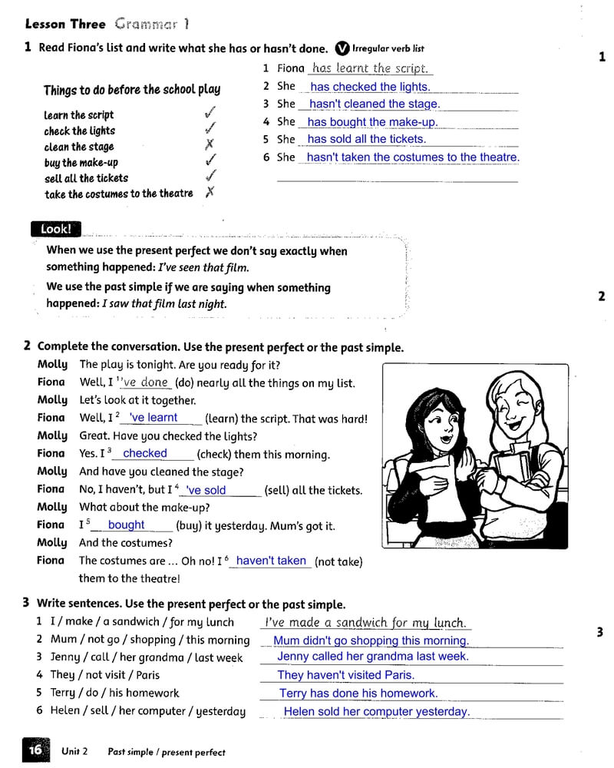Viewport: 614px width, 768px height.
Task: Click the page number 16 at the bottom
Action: coord(35,750)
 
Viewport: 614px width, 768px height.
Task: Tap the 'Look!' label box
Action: coord(55,229)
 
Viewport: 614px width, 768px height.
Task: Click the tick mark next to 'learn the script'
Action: coord(210,112)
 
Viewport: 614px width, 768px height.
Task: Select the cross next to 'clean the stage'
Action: coord(210,144)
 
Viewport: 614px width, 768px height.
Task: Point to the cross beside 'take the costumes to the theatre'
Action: coord(210,192)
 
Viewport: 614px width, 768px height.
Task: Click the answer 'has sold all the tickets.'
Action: coord(366,139)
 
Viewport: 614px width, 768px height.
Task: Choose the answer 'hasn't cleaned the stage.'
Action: coord(375,104)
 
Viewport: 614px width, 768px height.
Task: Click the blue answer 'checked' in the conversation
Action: coord(145,453)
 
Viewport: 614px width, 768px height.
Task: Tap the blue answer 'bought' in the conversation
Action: coord(127,525)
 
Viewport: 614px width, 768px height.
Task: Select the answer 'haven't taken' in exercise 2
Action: coord(271,561)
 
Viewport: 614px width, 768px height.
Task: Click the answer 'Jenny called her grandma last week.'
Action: coord(372,657)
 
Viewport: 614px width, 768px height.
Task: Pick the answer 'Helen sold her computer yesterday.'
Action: coord(377,711)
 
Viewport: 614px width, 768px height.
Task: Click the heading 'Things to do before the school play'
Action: coord(131,90)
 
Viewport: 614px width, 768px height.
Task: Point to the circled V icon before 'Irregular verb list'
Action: coord(342,48)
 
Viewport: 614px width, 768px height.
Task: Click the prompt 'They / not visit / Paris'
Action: coord(104,674)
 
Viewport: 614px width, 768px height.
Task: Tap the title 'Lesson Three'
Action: coord(65,25)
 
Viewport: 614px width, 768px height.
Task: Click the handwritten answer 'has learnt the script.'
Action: coord(370,68)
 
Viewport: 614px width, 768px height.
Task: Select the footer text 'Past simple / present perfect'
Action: coord(167,752)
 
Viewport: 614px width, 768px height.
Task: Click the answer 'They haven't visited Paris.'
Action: coord(345,675)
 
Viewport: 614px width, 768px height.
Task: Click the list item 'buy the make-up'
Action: coord(81,162)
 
